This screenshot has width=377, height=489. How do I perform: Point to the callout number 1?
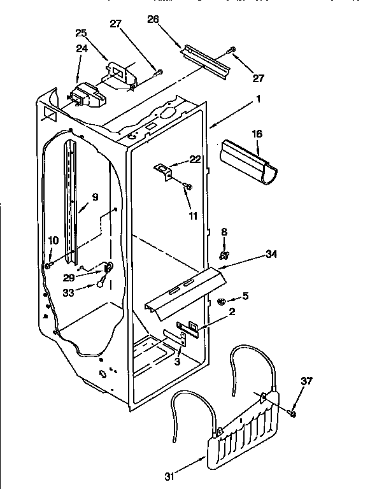(259, 99)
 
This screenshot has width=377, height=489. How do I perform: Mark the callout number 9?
(95, 197)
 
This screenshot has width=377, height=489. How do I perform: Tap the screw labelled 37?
(292, 413)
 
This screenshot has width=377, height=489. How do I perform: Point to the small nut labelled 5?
(220, 301)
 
